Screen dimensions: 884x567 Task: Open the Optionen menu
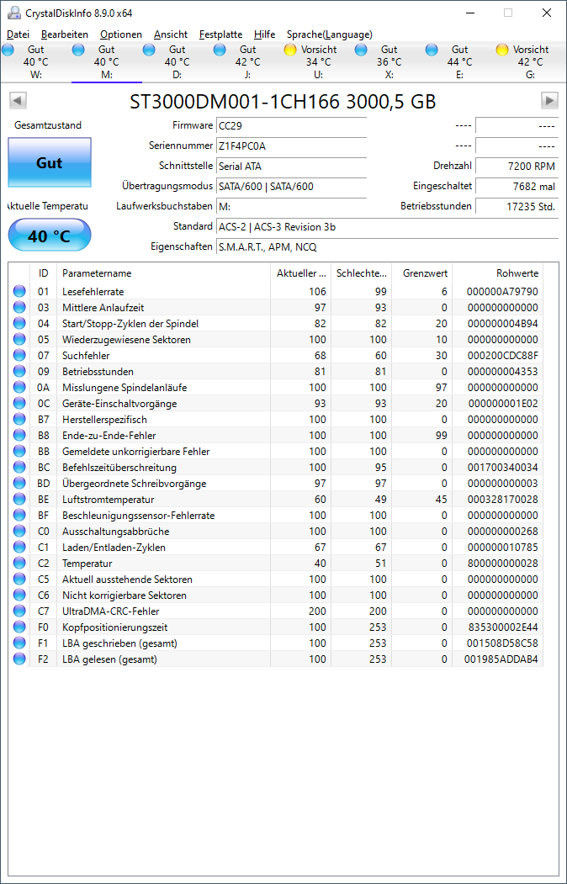120,34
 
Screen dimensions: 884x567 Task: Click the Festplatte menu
220,34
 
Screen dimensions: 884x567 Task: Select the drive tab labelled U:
318,62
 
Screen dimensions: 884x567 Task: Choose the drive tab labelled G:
530,62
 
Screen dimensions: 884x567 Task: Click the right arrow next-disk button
549,101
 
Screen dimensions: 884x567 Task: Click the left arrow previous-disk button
18,101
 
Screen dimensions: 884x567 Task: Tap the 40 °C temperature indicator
49,236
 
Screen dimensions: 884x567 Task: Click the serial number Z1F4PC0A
291,146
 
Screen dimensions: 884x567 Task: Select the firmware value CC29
291,126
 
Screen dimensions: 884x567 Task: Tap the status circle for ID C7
19,611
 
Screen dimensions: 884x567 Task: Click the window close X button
547,13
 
